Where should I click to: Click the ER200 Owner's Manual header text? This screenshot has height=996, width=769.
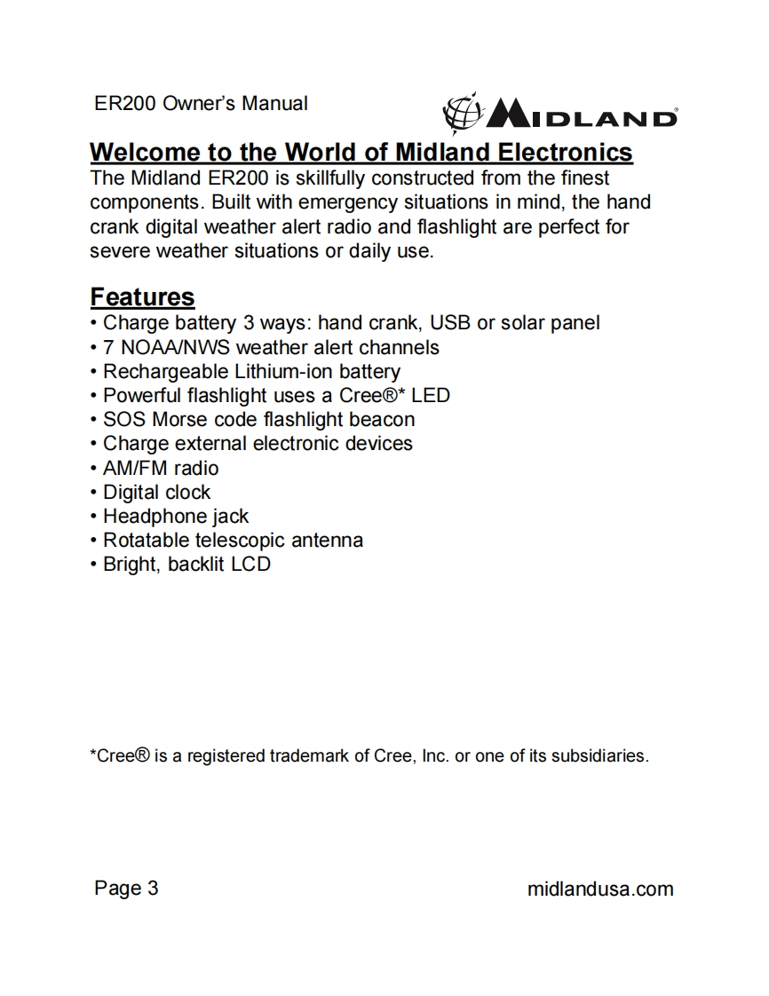(201, 103)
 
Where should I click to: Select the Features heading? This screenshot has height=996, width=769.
(142, 296)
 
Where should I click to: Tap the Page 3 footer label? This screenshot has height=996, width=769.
(126, 888)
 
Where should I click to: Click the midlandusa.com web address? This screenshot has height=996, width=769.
(600, 889)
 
